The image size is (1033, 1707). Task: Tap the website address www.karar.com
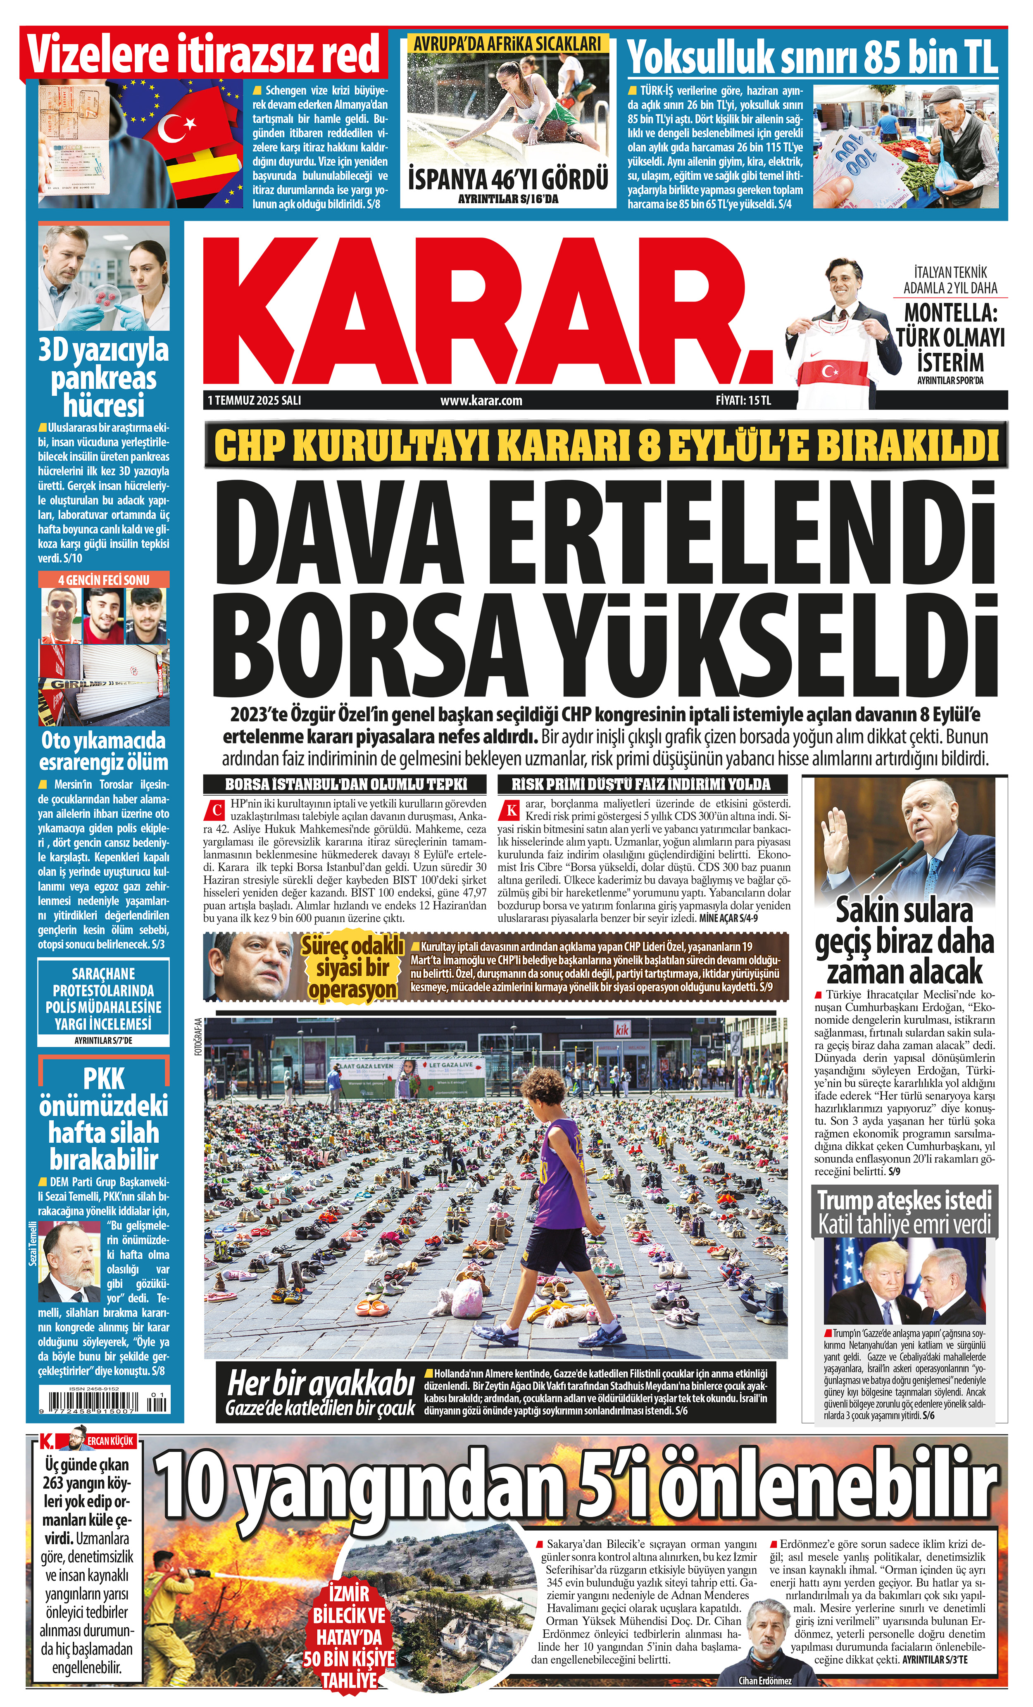click(x=481, y=400)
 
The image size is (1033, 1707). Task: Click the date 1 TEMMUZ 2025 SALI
click(x=254, y=400)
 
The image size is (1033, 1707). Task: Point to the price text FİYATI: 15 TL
click(x=743, y=400)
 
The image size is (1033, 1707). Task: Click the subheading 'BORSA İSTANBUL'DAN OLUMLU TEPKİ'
click(x=346, y=784)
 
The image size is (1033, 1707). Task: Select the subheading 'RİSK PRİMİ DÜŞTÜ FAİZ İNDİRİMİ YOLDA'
click(x=641, y=784)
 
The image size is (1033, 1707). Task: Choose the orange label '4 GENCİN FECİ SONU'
click(x=103, y=579)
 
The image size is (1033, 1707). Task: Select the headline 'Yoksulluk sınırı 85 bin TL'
click(x=812, y=57)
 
